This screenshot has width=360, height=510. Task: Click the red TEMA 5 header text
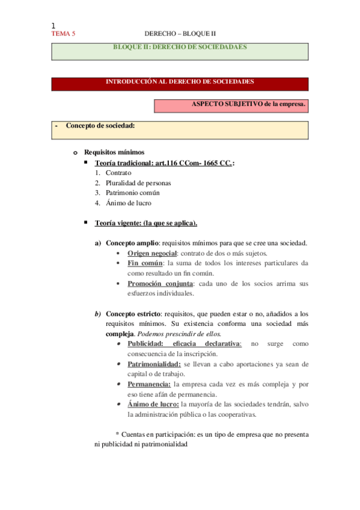63,34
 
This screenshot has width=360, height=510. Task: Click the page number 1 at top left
53,25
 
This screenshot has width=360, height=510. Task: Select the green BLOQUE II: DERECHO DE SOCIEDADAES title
180,47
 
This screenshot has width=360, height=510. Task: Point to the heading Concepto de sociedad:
100,126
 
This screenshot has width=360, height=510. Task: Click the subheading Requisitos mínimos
114,152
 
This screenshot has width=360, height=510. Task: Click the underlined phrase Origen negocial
151,253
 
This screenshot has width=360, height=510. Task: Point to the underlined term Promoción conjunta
160,283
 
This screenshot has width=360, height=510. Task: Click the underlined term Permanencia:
149,384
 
